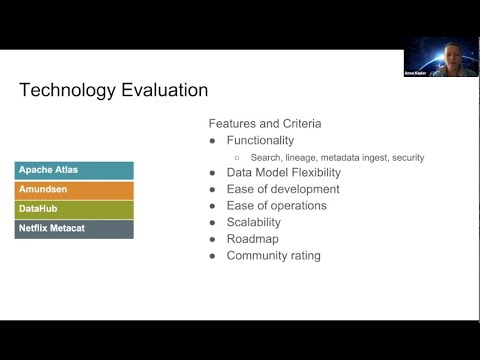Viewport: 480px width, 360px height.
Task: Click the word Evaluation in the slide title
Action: pyautogui.click(x=161, y=90)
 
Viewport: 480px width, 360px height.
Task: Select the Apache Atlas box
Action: pyautogui.click(x=75, y=171)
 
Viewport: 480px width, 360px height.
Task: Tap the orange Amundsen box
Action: pyautogui.click(x=75, y=190)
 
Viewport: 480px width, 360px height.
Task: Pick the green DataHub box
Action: pyautogui.click(x=75, y=210)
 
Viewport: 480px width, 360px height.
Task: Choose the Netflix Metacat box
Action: pyautogui.click(x=75, y=229)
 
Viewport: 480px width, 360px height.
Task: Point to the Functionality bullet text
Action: pyautogui.click(x=260, y=141)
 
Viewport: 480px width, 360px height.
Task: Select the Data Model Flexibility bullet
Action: pyautogui.click(x=283, y=172)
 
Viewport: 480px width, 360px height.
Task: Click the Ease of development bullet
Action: pyautogui.click(x=276, y=189)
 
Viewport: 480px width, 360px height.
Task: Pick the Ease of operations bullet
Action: pyautogui.click(x=276, y=206)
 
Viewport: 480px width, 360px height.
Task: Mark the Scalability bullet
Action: pyautogui.click(x=254, y=222)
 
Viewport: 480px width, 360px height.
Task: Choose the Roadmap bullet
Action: pyautogui.click(x=252, y=239)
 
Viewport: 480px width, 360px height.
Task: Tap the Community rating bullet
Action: pyautogui.click(x=273, y=256)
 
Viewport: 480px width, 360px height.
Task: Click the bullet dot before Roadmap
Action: pyautogui.click(x=213, y=239)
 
